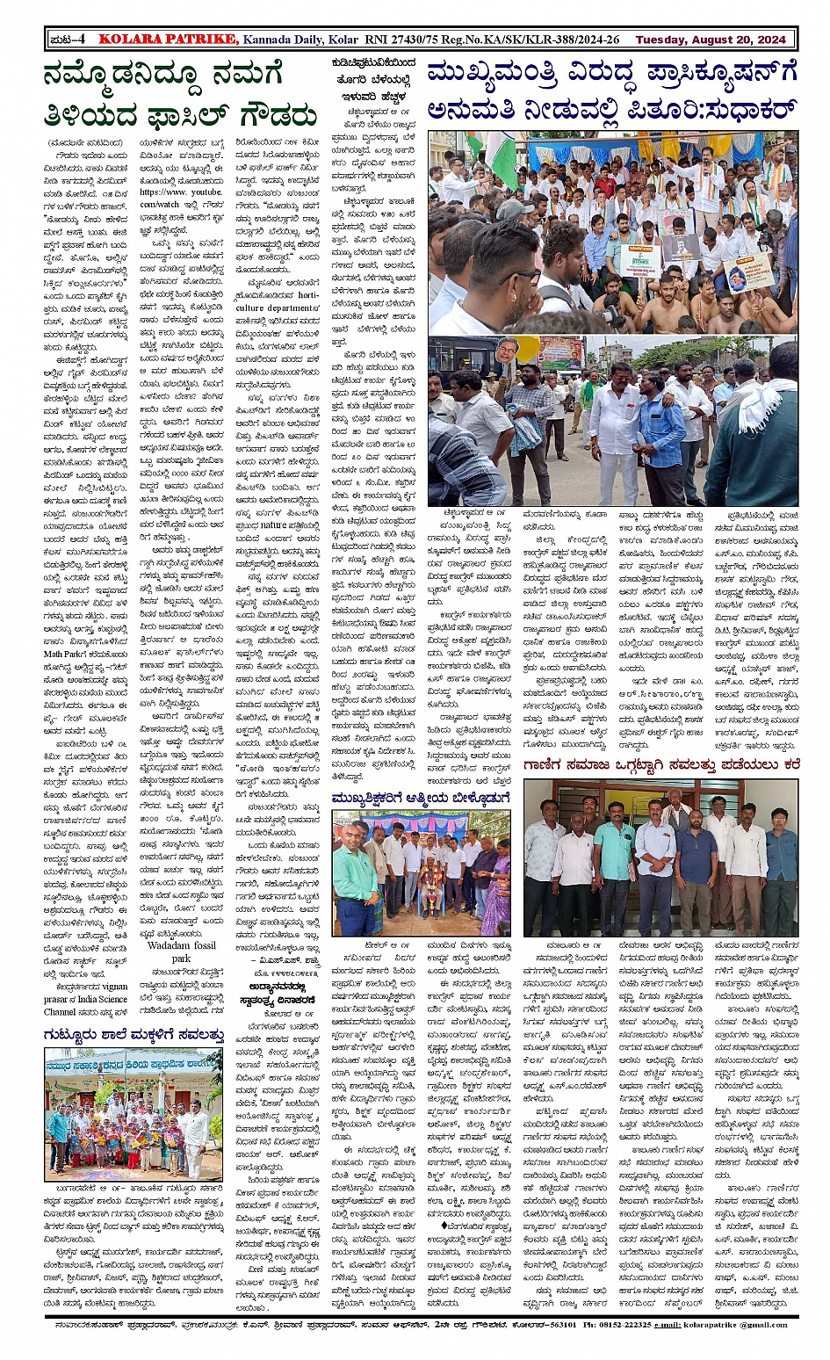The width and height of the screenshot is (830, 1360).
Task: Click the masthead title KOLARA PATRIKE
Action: click(x=168, y=40)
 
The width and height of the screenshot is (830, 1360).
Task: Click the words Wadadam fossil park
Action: click(x=182, y=951)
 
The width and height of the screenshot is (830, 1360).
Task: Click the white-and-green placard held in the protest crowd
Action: click(x=639, y=260)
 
